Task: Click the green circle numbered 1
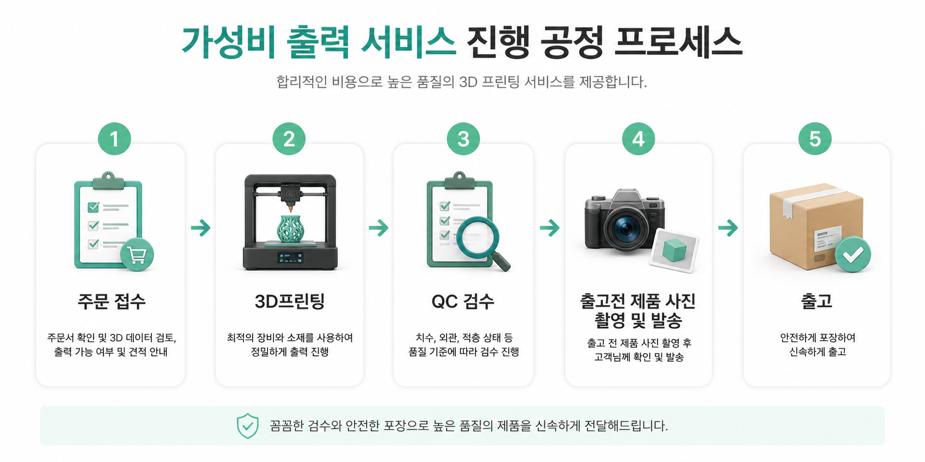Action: pyautogui.click(x=114, y=139)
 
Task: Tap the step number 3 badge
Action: pyautogui.click(x=463, y=139)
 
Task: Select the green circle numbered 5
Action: pyautogui.click(x=814, y=139)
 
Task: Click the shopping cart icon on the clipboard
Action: pyautogui.click(x=137, y=255)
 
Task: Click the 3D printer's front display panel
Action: pyautogui.click(x=290, y=257)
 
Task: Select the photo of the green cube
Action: pyautogui.click(x=675, y=251)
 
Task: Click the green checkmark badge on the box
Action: pyautogui.click(x=853, y=254)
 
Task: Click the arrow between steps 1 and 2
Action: pyautogui.click(x=201, y=228)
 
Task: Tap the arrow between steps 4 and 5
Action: pyautogui.click(x=728, y=228)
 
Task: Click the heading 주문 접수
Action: pyautogui.click(x=112, y=302)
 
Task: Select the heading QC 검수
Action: pyautogui.click(x=463, y=302)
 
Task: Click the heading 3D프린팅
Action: pyautogui.click(x=290, y=302)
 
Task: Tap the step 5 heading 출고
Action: pyautogui.click(x=817, y=302)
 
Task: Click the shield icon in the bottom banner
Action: pyautogui.click(x=248, y=426)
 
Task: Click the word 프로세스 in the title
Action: pyautogui.click(x=678, y=42)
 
